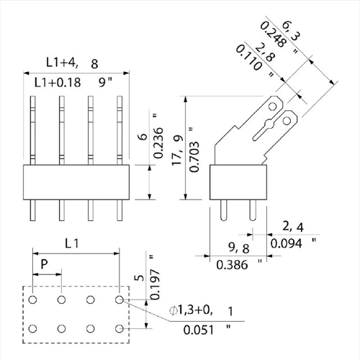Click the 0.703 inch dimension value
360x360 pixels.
coord(194,157)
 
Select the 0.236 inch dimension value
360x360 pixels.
coord(158,143)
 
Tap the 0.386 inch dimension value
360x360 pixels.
coord(232,265)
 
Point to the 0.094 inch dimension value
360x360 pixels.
coord(287,243)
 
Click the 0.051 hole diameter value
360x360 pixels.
coord(199,330)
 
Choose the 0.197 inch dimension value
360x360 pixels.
coord(155,284)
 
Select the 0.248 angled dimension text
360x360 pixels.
coord(273,35)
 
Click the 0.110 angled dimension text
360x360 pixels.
coord(248,58)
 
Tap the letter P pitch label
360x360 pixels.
coord(44,264)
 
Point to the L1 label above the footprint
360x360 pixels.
coord(72,244)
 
